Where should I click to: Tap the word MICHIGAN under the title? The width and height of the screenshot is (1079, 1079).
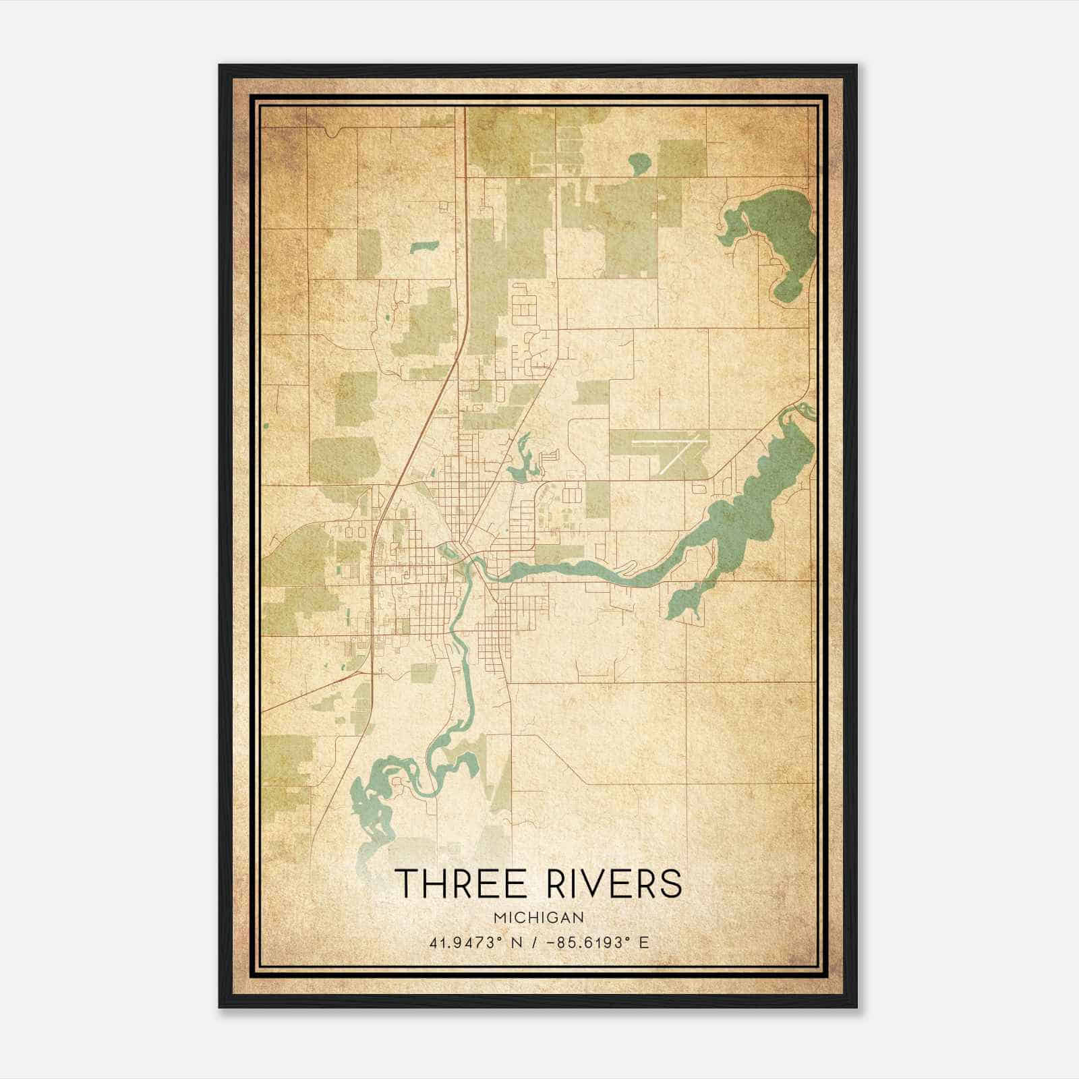538,917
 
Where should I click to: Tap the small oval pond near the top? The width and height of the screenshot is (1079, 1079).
639,162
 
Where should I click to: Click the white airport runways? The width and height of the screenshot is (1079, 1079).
674,448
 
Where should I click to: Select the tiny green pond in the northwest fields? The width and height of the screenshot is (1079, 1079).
424,247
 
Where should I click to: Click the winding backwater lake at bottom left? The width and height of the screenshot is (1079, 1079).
374,803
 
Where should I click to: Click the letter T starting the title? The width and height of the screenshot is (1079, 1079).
405,883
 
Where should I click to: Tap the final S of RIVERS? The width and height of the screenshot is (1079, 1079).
670,883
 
